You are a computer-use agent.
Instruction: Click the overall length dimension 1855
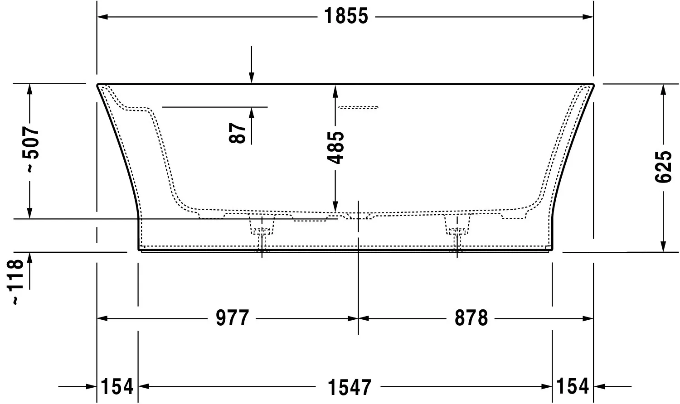(346, 17)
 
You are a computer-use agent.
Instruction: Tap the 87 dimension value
(238, 132)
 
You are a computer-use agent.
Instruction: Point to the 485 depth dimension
(336, 147)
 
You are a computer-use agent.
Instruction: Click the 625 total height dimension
(663, 167)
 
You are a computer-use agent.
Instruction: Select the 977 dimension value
(232, 318)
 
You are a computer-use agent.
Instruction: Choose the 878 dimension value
(471, 318)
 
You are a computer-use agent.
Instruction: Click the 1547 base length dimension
(349, 387)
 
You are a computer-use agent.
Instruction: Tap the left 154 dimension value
(117, 386)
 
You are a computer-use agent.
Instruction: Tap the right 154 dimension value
(573, 386)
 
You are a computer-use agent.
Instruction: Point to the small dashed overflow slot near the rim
(358, 107)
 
